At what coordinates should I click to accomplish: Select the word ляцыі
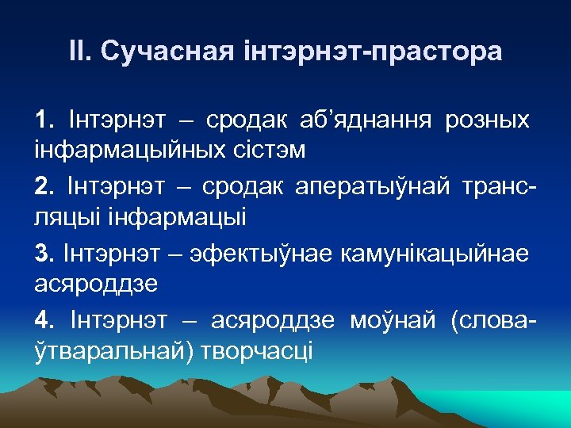[x=69, y=215]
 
